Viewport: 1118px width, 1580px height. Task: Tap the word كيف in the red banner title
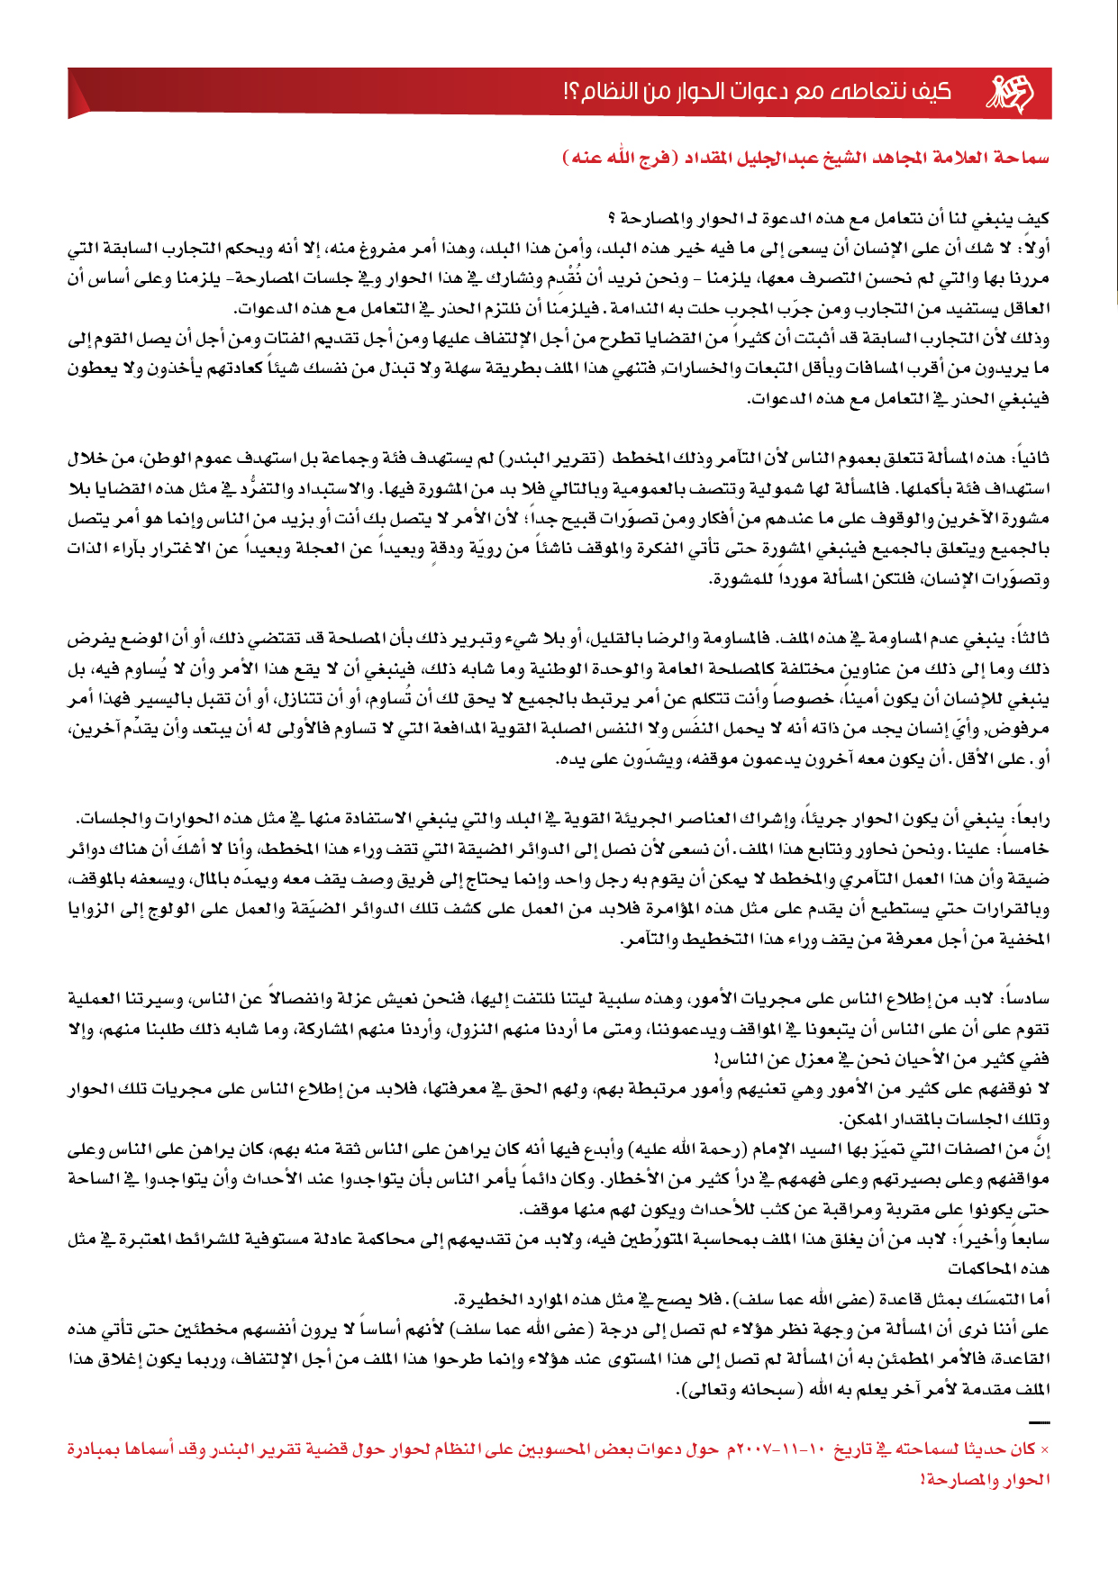932,92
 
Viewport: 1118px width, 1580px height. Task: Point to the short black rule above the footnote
1039,1422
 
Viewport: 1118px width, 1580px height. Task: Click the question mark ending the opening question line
613,218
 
